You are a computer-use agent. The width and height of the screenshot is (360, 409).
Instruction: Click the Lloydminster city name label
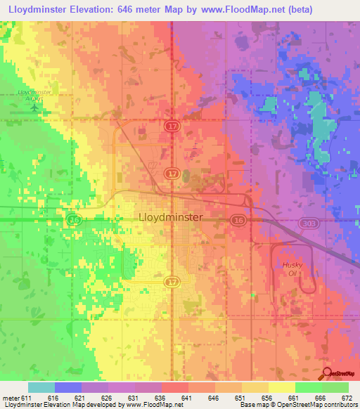[x=172, y=218]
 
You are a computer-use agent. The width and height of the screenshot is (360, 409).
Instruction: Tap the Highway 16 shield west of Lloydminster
[x=74, y=221]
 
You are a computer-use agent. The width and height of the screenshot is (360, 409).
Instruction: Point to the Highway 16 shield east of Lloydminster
[x=239, y=221]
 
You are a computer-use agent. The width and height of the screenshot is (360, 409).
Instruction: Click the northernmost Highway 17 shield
[x=172, y=126]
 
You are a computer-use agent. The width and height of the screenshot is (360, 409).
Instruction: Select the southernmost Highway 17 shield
[x=172, y=282]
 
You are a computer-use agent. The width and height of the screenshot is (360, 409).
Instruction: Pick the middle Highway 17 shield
[x=172, y=173]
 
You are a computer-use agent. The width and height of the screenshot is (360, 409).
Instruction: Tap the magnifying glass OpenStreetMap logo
[x=327, y=375]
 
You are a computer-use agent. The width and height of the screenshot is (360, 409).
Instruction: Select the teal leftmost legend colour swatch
[x=41, y=387]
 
